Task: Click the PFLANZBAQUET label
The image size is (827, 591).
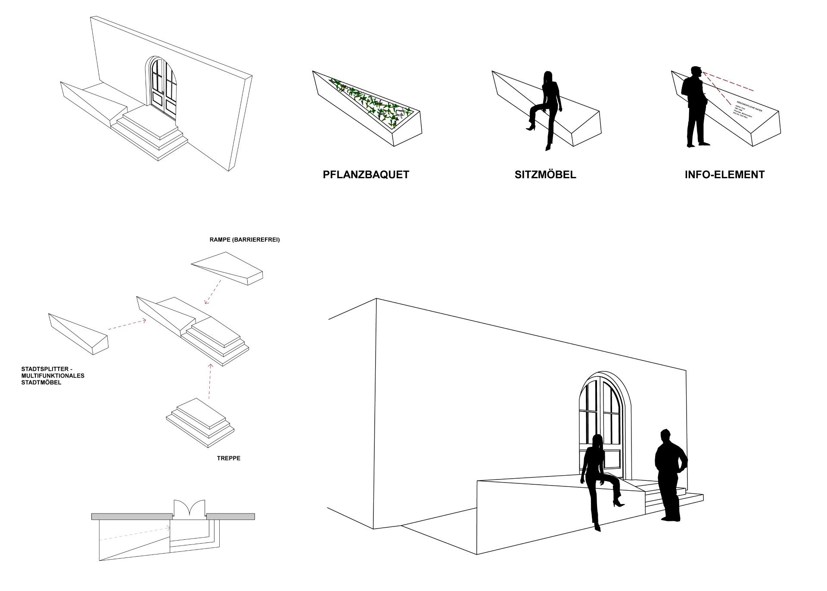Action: point(366,174)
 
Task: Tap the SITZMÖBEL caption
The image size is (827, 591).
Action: point(545,174)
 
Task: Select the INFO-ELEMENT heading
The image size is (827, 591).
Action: point(724,174)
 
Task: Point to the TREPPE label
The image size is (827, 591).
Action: point(229,458)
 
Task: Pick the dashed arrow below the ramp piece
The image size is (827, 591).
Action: point(213,292)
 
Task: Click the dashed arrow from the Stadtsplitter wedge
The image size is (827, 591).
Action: point(127,325)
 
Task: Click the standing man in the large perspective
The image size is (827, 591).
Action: point(670,473)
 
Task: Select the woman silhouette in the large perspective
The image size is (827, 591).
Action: point(599,480)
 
